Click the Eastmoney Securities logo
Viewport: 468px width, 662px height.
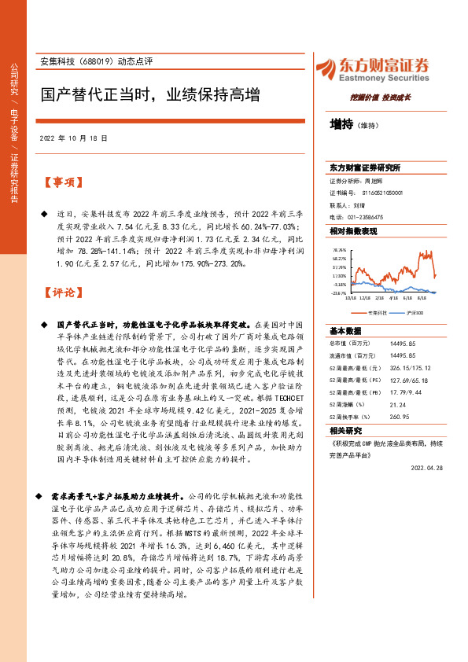point(373,68)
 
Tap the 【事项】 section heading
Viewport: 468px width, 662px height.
point(62,182)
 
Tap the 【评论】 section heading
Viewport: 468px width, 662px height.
point(62,292)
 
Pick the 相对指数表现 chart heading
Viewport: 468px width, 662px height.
point(353,231)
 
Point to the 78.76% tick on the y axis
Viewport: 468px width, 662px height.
point(339,248)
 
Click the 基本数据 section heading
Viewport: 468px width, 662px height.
point(345,330)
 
